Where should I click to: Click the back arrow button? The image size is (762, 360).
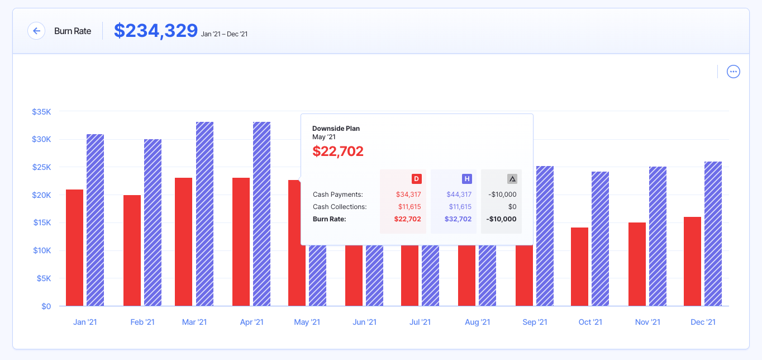(36, 31)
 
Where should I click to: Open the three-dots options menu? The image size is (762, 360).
(733, 72)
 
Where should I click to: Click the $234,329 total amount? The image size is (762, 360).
(156, 31)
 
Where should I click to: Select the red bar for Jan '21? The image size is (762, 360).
(74, 248)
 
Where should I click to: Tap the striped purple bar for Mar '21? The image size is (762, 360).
(204, 214)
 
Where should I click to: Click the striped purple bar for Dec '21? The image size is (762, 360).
(713, 234)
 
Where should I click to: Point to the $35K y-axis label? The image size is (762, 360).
(41, 112)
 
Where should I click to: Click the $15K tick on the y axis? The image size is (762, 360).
(41, 222)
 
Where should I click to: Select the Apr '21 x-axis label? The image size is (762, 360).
(251, 322)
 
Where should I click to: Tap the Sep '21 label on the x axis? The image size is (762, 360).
(535, 322)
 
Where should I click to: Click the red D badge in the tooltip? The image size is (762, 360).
(416, 179)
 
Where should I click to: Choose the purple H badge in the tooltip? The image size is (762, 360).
(466, 179)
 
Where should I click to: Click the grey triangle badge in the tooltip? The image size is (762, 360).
(512, 179)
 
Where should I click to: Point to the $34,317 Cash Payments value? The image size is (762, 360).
(408, 195)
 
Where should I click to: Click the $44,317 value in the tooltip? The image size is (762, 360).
(459, 195)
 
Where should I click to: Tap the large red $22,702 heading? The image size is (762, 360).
(338, 151)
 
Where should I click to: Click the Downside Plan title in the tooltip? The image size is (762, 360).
(336, 129)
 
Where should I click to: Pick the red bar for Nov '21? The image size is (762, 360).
(637, 264)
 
